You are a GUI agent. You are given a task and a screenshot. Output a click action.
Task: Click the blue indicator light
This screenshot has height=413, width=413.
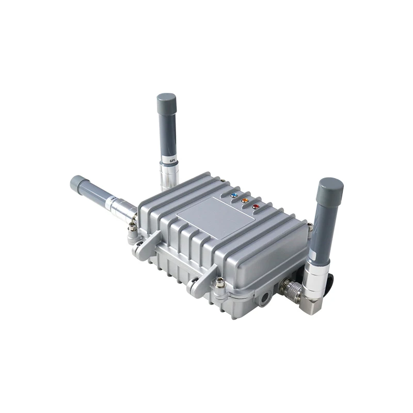[234, 196]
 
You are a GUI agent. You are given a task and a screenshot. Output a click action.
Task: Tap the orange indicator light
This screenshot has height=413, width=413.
[245, 200]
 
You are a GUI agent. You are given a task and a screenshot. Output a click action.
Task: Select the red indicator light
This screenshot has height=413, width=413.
[256, 206]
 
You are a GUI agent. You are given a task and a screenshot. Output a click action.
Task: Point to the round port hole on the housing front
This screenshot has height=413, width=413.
[265, 297]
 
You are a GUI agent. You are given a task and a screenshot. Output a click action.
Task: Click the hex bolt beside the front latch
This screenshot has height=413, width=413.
[220, 283]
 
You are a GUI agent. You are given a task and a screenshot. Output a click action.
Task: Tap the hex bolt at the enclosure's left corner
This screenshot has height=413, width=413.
[133, 227]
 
